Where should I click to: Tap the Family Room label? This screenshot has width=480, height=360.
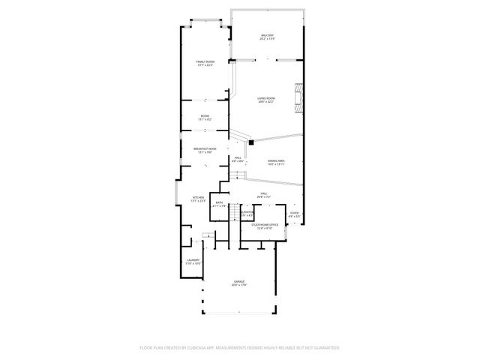tap(205, 63)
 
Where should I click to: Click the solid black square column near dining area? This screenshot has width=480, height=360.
tap(251, 142)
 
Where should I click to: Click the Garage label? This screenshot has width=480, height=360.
tap(239, 283)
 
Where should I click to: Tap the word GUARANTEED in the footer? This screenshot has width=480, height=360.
tap(325, 348)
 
